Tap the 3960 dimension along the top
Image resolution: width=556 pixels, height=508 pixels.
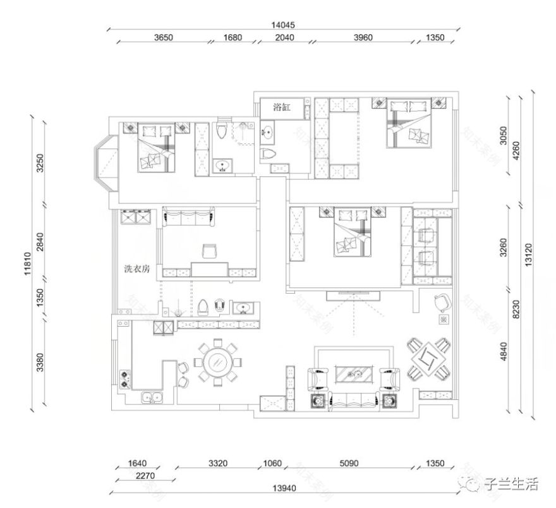pos(363,37)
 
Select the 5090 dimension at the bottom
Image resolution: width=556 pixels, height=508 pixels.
pos(348,463)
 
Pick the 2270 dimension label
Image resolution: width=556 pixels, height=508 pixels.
pos(128,476)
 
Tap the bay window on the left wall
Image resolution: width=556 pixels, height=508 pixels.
pos(105,166)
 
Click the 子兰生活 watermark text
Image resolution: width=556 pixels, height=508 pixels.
pos(511,484)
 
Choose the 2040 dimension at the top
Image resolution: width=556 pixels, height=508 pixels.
pos(284,37)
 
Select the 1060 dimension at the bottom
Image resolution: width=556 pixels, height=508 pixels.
pos(272,463)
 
